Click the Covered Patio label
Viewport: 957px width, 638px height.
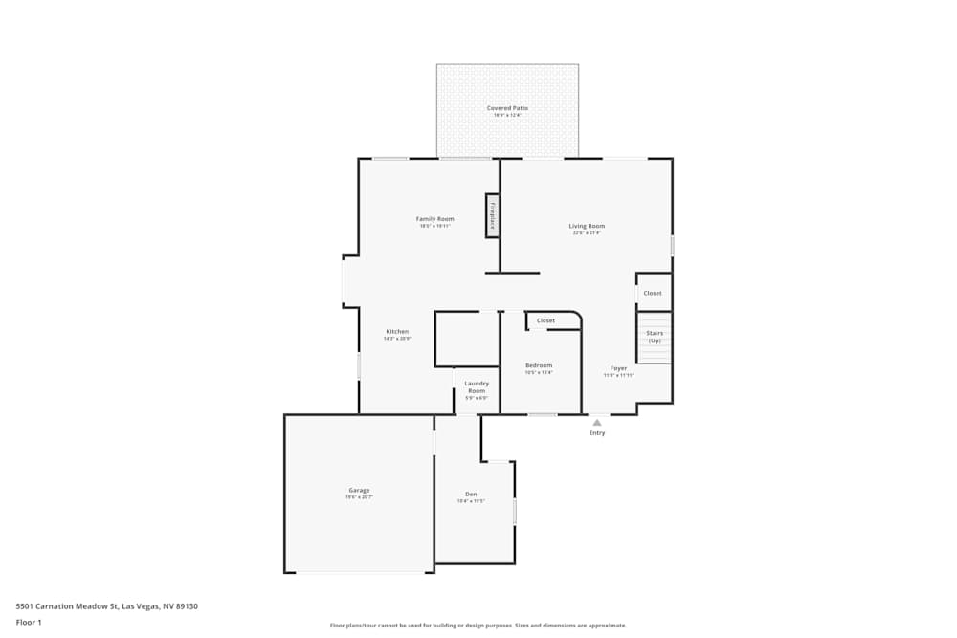tap(507, 108)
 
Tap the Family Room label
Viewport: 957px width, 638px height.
tap(434, 219)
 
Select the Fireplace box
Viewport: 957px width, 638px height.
tap(493, 215)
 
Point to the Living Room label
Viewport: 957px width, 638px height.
tap(587, 226)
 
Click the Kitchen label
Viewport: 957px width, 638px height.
tap(397, 332)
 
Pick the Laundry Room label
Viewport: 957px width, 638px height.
tap(477, 387)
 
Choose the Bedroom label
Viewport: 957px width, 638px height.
tap(539, 365)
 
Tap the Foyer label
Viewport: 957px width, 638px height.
tap(619, 368)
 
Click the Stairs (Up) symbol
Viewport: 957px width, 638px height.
tap(655, 338)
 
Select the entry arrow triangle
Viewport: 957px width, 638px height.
tap(597, 422)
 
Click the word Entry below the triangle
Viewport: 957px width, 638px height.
tap(597, 433)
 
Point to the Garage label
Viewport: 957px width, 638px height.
tap(359, 491)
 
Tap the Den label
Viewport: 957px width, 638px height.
tap(471, 495)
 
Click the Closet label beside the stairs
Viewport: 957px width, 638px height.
tap(653, 293)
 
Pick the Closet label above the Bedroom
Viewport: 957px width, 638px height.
tap(545, 320)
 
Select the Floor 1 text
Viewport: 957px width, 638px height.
tap(29, 622)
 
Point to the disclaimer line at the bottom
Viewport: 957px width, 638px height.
tap(478, 626)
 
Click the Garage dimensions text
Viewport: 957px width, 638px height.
tap(359, 498)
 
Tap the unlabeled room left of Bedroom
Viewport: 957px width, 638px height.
tap(467, 339)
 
